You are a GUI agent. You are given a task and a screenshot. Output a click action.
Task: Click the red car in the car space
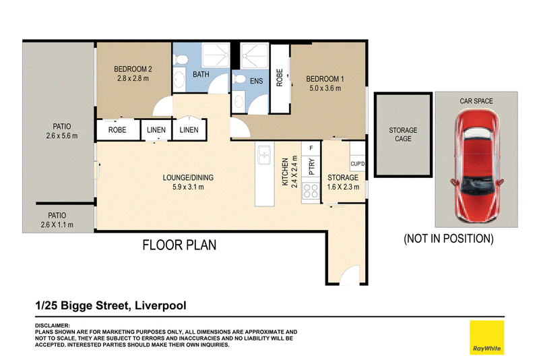point(477,166)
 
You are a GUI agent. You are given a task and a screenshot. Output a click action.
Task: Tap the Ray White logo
point(486,337)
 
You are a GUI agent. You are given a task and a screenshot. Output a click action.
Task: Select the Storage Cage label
point(403,134)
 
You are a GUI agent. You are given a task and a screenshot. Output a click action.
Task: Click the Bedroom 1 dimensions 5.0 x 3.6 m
point(325,88)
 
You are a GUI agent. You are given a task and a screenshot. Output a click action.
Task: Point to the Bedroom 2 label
point(133,69)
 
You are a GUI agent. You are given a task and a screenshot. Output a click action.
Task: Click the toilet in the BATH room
point(180,59)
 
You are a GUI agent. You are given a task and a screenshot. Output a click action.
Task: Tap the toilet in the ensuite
point(239,79)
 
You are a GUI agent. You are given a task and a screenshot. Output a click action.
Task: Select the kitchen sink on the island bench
point(264,155)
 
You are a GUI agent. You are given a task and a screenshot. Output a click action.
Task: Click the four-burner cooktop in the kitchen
point(311,191)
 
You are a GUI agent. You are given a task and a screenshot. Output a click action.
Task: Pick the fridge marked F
point(311,148)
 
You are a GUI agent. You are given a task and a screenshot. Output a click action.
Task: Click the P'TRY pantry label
point(312,167)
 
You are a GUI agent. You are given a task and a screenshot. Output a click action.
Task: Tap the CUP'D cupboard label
point(358,164)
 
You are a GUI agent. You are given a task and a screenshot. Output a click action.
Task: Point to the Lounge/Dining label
point(188,178)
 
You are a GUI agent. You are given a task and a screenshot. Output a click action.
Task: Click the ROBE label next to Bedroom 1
point(280,78)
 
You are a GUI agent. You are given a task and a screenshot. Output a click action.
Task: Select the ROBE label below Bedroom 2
point(117,130)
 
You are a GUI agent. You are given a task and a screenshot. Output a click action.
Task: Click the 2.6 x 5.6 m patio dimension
point(62,136)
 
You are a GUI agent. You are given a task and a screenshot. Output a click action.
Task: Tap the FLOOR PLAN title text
point(179,245)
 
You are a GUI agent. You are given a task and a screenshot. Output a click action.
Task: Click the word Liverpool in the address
point(160,305)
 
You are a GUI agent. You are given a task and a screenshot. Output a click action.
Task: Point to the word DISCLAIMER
point(53,325)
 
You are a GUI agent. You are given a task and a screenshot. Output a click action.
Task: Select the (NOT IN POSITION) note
point(449,239)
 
